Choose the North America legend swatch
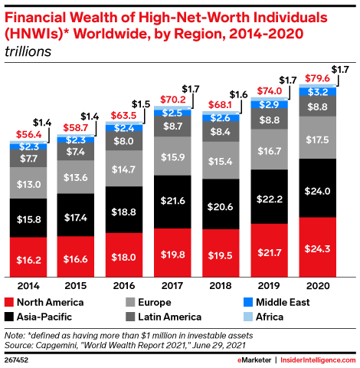(x=10, y=302)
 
